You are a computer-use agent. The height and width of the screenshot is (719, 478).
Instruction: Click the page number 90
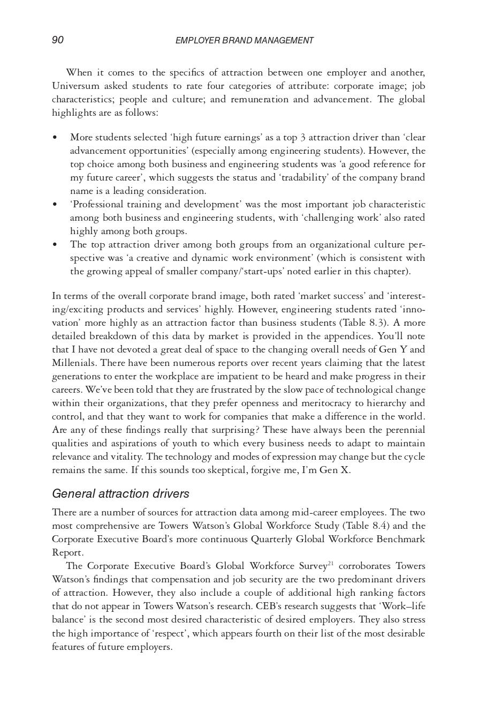(58, 40)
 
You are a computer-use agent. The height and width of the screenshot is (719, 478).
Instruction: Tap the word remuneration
(260, 99)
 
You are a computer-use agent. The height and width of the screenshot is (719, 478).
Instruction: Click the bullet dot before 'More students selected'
(55, 138)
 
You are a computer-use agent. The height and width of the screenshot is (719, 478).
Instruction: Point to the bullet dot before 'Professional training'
(55, 205)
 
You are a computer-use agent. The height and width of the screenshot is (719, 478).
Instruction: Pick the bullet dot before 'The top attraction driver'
(55, 245)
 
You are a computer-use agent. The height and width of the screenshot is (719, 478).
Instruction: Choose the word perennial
(405, 430)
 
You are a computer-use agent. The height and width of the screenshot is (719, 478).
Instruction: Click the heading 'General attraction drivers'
(120, 493)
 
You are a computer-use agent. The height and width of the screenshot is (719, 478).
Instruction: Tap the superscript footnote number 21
(331, 564)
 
